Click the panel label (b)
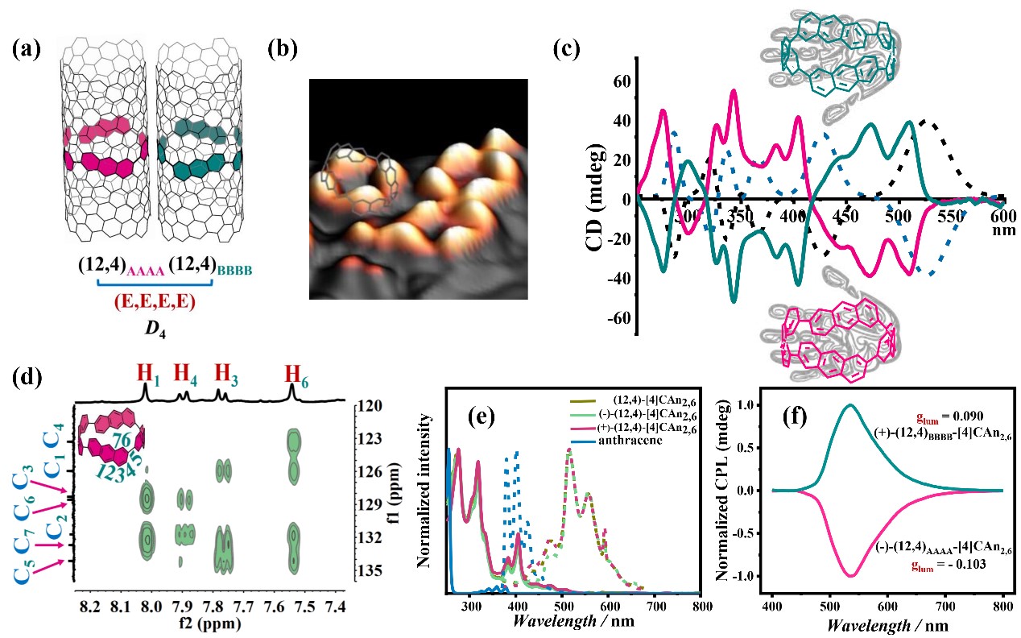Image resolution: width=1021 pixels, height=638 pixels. pyautogui.click(x=282, y=49)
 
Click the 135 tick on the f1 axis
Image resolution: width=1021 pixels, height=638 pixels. pyautogui.click(x=372, y=570)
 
